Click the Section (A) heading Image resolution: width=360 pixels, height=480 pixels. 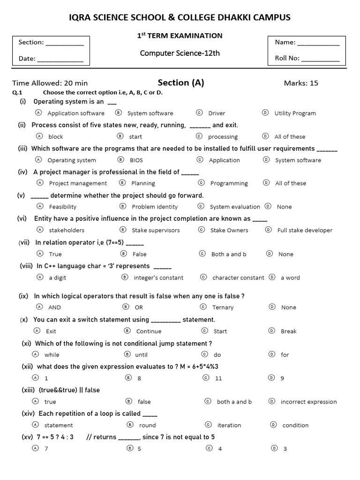coord(181,83)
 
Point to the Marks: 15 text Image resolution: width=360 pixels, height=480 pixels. coord(301,83)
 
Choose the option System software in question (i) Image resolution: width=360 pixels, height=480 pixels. coord(150,113)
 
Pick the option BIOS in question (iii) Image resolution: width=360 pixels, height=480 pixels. coord(137,160)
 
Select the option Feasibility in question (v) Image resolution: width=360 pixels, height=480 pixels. coord(63,207)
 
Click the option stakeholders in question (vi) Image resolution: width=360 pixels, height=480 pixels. coord(67,230)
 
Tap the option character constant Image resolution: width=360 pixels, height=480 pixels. coord(238,277)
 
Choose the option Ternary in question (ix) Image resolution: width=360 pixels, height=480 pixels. coord(223,307)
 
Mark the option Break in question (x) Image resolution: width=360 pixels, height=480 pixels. coord(289,331)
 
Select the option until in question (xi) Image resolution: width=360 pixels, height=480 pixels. coord(141,355)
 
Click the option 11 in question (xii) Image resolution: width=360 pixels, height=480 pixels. coord(218,378)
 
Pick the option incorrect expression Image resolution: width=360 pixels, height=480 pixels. coord(308,402)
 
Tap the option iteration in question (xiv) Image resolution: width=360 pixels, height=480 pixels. coord(229,425)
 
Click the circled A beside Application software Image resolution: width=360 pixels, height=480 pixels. coord(38,113)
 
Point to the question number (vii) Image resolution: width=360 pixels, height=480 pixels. coord(25,242)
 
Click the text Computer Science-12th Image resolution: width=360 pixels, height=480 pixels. coord(180,53)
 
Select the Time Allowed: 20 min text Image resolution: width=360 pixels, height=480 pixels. coord(50,83)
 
